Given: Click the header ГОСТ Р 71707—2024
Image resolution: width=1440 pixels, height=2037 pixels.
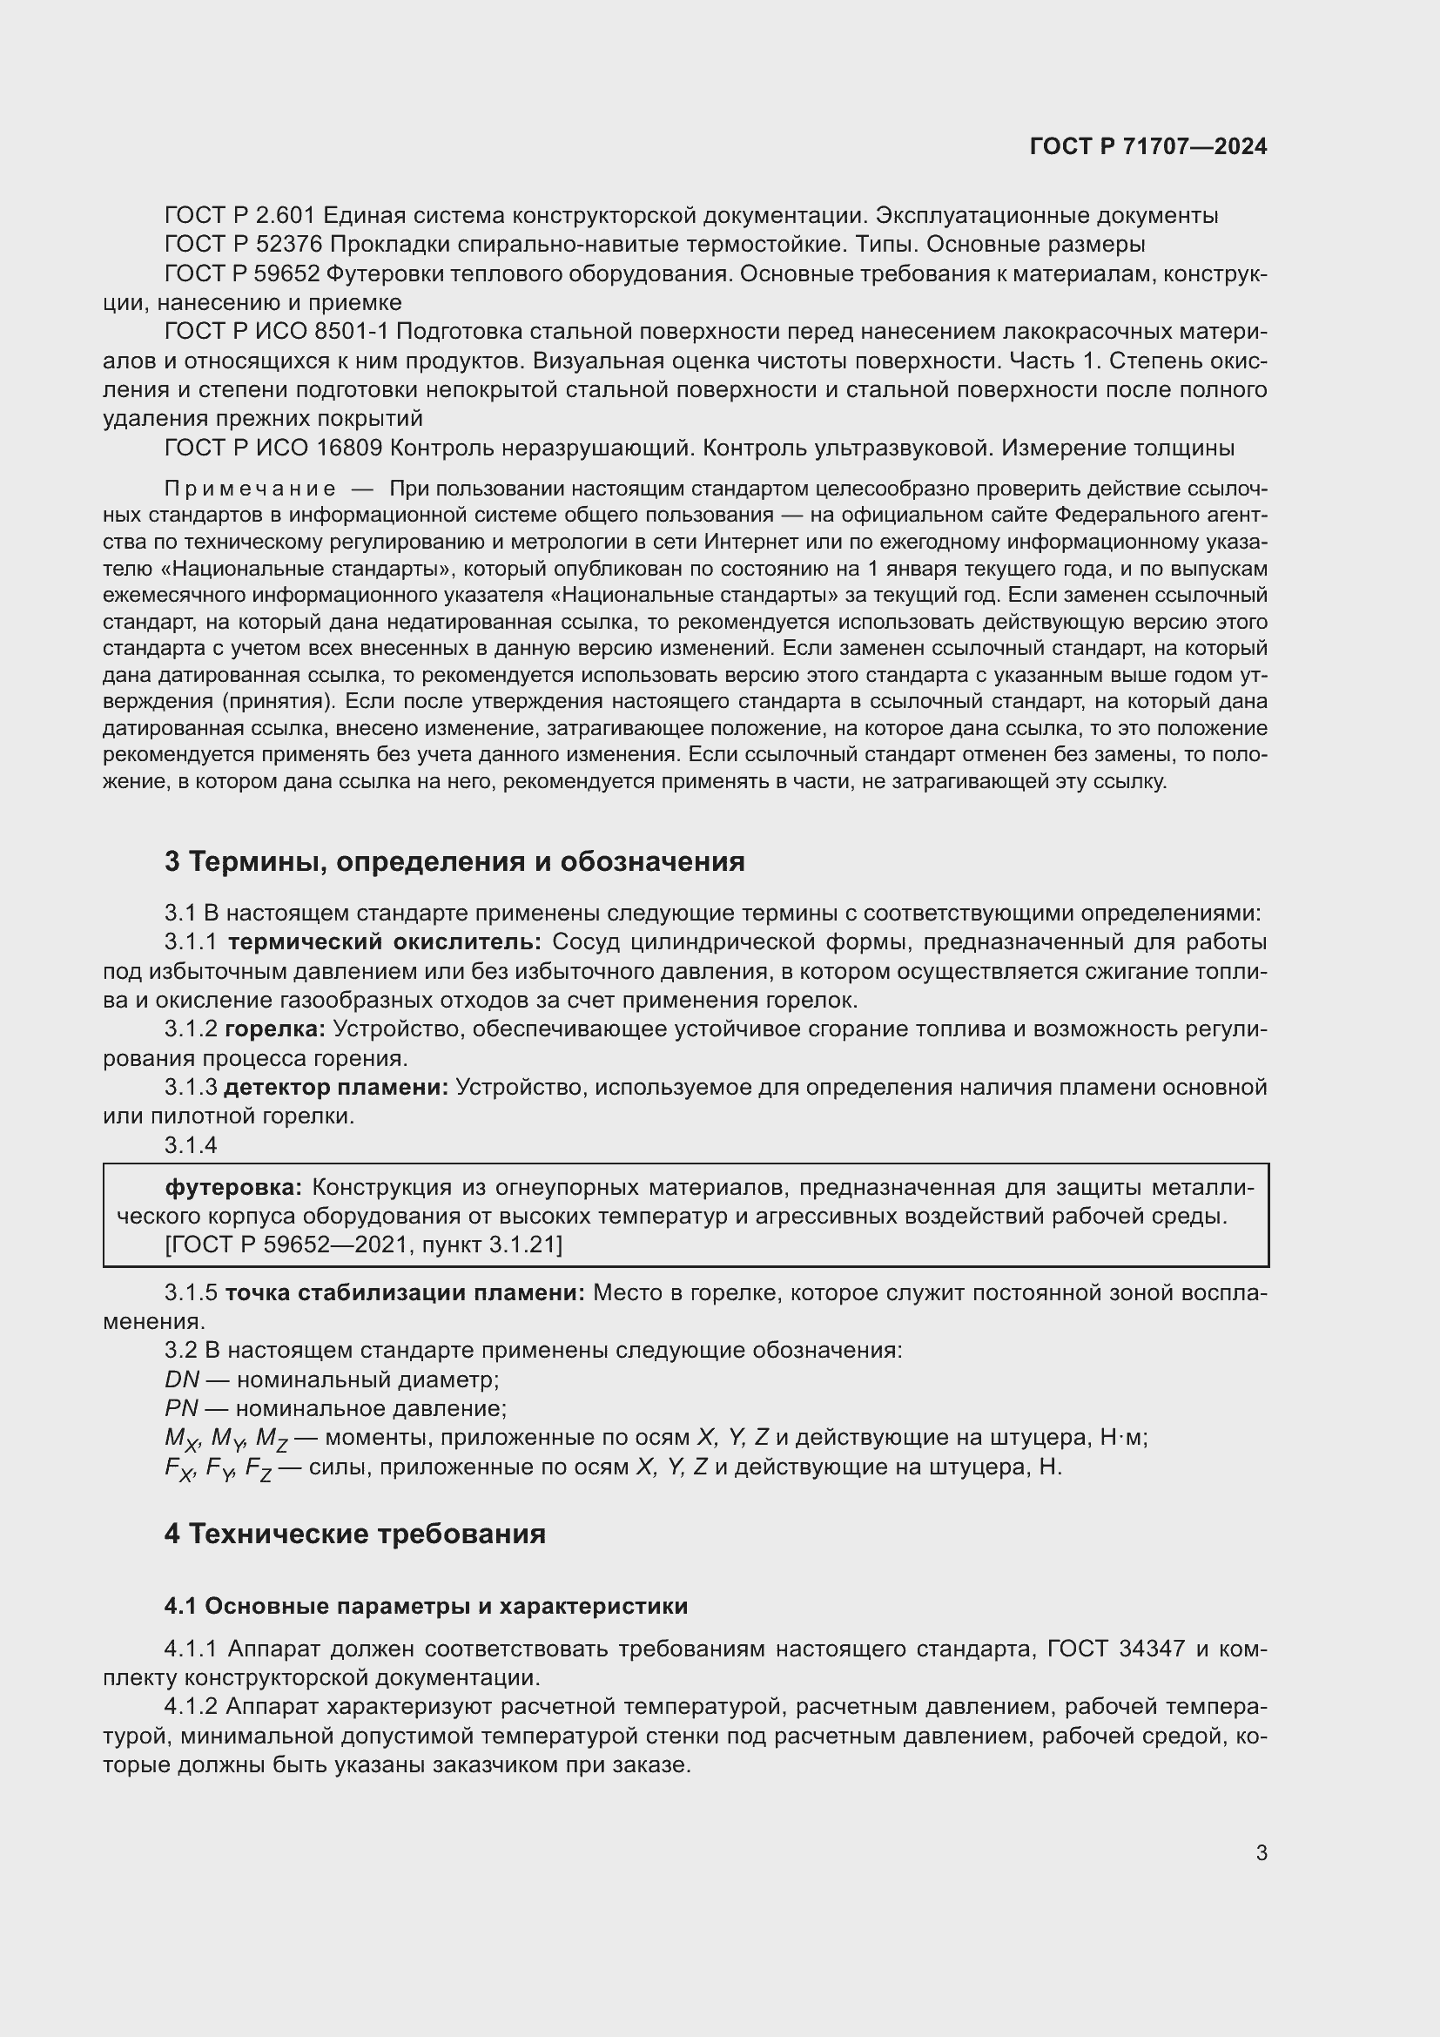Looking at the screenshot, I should tap(1148, 147).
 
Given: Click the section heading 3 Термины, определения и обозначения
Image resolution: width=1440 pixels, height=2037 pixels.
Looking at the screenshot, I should tap(454, 861).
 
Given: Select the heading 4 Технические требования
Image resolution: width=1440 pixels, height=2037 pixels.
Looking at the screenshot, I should tap(354, 1534).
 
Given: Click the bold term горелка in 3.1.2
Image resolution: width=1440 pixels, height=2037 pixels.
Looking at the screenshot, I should tap(275, 1029).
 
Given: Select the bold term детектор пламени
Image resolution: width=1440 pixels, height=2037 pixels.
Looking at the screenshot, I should tap(336, 1088).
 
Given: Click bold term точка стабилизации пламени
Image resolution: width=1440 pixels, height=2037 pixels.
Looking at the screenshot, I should tap(404, 1292).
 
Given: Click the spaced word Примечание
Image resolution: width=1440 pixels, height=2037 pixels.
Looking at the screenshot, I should tap(249, 489).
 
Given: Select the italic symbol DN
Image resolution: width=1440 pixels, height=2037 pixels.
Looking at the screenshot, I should tap(182, 1379).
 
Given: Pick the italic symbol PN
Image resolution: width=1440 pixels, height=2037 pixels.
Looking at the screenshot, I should tap(181, 1409).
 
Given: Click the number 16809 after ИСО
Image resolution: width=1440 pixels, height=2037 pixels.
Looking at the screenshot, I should tap(348, 448).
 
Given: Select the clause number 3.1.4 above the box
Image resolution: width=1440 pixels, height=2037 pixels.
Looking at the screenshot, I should tap(191, 1145).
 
